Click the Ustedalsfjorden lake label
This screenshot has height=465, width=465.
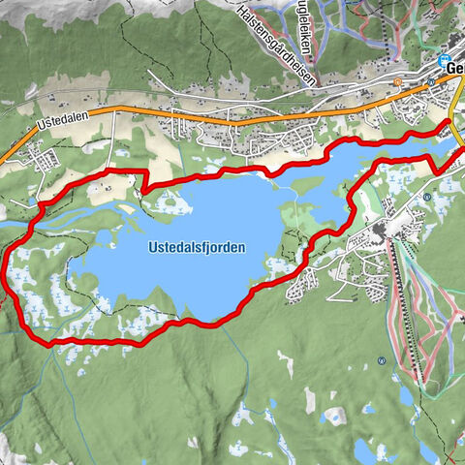pyautogui.click(x=197, y=248)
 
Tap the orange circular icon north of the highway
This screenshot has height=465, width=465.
pyautogui.click(x=397, y=82)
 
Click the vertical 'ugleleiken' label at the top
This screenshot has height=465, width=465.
pyautogui.click(x=306, y=29)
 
